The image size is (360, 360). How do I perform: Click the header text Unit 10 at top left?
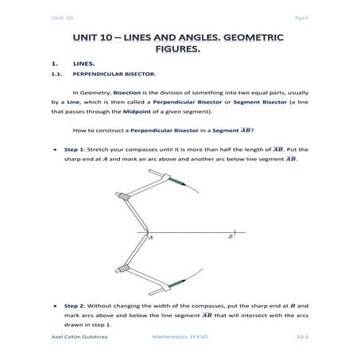(61, 17)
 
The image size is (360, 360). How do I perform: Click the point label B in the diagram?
(230, 236)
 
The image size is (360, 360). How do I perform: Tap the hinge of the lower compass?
(122, 269)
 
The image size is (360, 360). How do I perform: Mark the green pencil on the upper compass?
(177, 182)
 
